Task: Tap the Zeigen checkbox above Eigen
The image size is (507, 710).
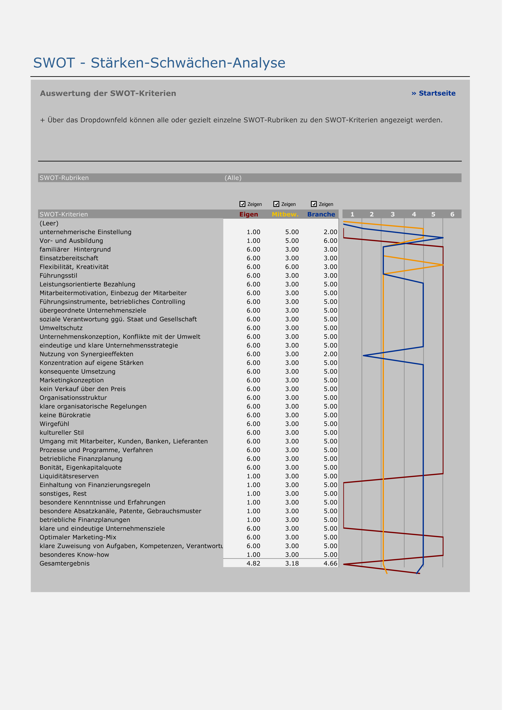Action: tap(245, 206)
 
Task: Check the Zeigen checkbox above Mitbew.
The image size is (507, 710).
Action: tap(279, 206)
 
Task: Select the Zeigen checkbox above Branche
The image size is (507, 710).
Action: tap(317, 206)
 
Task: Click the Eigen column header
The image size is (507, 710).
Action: tap(251, 216)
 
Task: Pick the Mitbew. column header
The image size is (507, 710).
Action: tap(288, 216)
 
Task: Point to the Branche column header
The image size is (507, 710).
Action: tap(324, 216)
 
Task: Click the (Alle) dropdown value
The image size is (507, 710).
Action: tap(235, 180)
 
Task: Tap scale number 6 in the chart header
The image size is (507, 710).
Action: tap(457, 216)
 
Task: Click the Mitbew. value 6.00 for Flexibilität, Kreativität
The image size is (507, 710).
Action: tap(295, 269)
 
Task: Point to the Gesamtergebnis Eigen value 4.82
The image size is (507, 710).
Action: tap(256, 569)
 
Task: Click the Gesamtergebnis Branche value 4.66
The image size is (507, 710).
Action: tap(333, 569)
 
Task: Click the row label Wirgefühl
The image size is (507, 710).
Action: tap(55, 428)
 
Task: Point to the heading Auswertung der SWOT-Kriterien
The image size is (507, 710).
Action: tap(109, 94)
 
